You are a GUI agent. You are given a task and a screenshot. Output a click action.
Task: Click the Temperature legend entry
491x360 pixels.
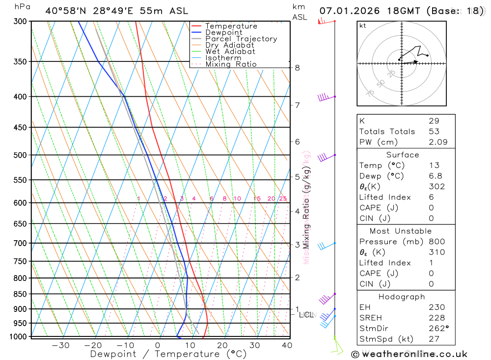231,26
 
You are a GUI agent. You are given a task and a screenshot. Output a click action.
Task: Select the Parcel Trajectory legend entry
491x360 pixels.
241,39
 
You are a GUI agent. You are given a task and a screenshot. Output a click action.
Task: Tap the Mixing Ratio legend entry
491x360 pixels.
231,64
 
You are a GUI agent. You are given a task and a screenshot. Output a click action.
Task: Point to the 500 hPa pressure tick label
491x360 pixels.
20,155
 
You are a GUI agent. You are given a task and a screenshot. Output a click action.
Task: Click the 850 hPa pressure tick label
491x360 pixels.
20,294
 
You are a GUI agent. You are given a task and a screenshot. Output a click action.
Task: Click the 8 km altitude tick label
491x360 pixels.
298,68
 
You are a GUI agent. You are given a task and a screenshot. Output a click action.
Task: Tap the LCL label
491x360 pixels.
306,314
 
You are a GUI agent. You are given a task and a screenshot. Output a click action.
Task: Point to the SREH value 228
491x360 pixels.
434,318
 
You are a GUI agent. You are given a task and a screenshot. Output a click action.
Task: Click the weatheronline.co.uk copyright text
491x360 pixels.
409,354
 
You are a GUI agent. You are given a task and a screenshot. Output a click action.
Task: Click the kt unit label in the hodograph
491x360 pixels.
363,26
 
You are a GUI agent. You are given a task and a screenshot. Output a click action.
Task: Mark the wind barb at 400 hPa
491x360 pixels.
325,97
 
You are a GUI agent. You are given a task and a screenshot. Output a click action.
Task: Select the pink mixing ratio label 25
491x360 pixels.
283,198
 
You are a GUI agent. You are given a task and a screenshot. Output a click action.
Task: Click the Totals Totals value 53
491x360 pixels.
434,131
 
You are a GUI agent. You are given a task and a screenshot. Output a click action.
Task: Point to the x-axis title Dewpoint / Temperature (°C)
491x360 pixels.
168,354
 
